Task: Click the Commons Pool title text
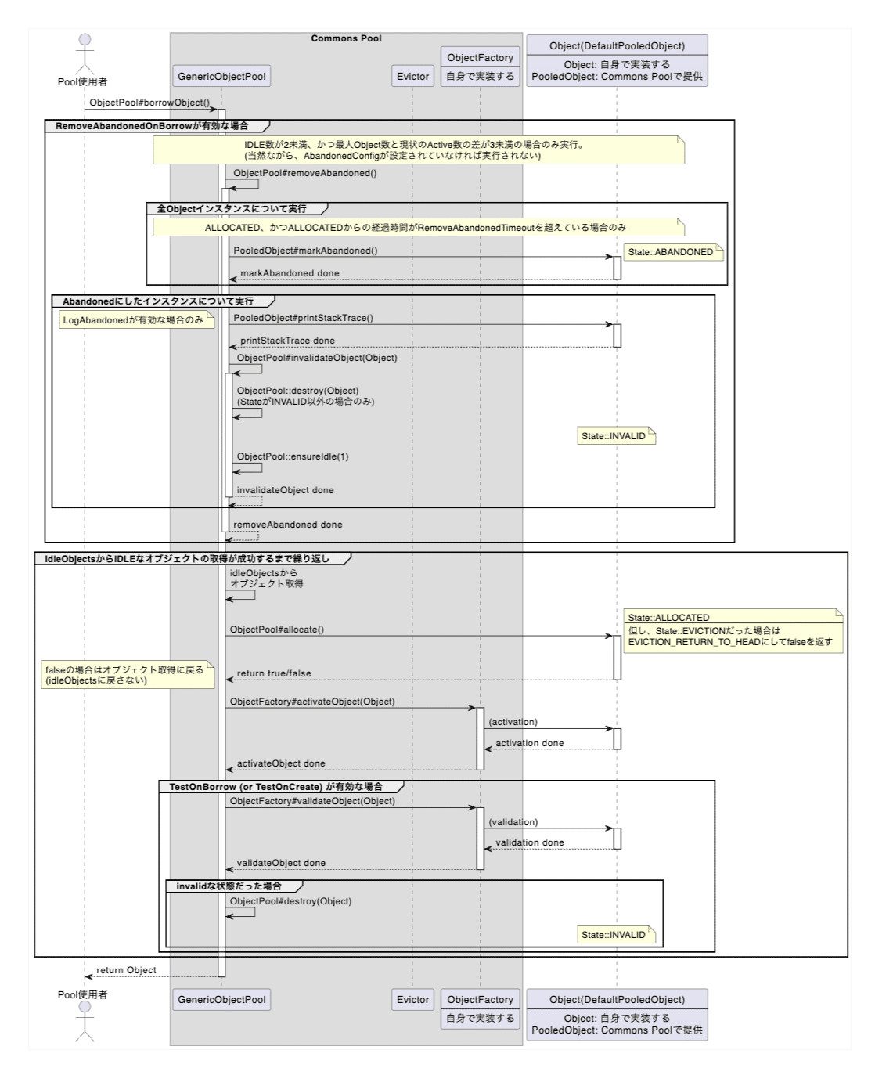[x=346, y=38]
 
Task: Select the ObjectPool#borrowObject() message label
[x=149, y=103]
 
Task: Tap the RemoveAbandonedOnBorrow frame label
[x=152, y=126]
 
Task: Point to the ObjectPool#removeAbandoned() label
[x=304, y=173]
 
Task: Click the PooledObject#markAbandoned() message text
[x=305, y=251]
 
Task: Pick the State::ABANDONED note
[x=671, y=252]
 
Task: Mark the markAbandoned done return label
[x=290, y=273]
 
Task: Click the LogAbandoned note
[x=133, y=320]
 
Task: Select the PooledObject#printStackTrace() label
[x=303, y=318]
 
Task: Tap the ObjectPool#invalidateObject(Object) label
[x=317, y=358]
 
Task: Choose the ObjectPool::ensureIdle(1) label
[x=293, y=456]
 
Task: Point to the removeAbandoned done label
[x=287, y=525]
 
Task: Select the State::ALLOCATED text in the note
[x=668, y=618]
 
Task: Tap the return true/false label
[x=273, y=673]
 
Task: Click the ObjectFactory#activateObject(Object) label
[x=312, y=702]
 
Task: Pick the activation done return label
[x=529, y=743]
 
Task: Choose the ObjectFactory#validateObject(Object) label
[x=312, y=801]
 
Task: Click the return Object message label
[x=126, y=970]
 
